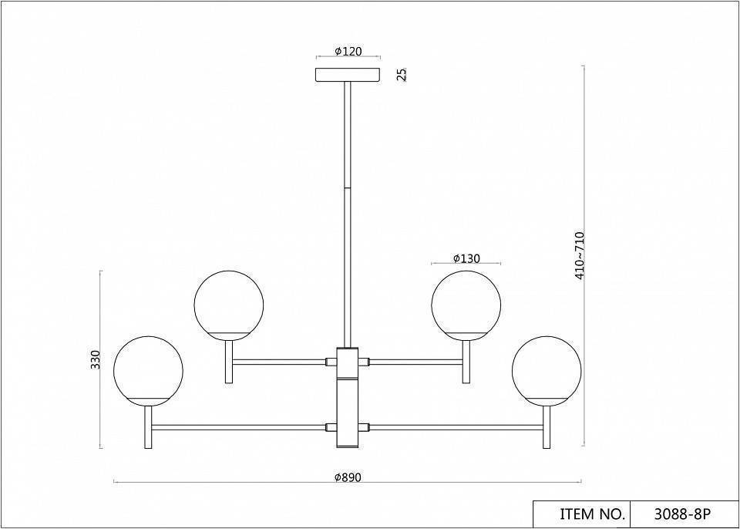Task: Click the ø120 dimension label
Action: tap(348, 52)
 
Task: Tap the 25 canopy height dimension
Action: tap(402, 75)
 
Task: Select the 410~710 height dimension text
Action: tap(580, 255)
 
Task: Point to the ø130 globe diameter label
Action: tap(466, 258)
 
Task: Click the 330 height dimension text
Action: tap(96, 360)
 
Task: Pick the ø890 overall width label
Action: tap(348, 477)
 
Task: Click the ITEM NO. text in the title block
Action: tap(592, 514)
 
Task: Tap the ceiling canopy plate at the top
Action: tap(348, 75)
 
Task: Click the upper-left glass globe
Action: tap(229, 305)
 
